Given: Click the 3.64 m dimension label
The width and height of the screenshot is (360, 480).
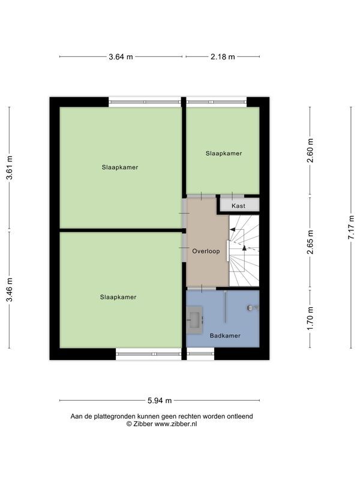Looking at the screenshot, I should (121, 57).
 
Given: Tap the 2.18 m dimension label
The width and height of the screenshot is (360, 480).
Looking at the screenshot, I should (223, 57).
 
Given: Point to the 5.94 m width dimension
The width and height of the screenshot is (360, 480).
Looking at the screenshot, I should (160, 401).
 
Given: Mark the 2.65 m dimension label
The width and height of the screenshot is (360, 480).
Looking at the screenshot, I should (310, 243).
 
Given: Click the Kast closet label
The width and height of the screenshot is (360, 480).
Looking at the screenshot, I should (238, 206).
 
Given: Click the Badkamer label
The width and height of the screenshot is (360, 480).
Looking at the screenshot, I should (225, 336).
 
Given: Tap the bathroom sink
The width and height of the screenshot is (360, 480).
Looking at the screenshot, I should (195, 319).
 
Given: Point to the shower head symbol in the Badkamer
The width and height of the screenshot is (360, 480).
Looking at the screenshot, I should (252, 308).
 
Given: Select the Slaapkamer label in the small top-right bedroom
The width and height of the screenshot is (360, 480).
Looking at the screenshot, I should (224, 154).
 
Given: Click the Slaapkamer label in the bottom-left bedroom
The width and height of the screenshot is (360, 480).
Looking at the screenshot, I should (118, 297).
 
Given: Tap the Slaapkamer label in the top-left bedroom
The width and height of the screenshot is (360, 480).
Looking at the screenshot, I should (120, 167).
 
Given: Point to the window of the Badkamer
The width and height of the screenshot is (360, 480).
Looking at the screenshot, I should (200, 354).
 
